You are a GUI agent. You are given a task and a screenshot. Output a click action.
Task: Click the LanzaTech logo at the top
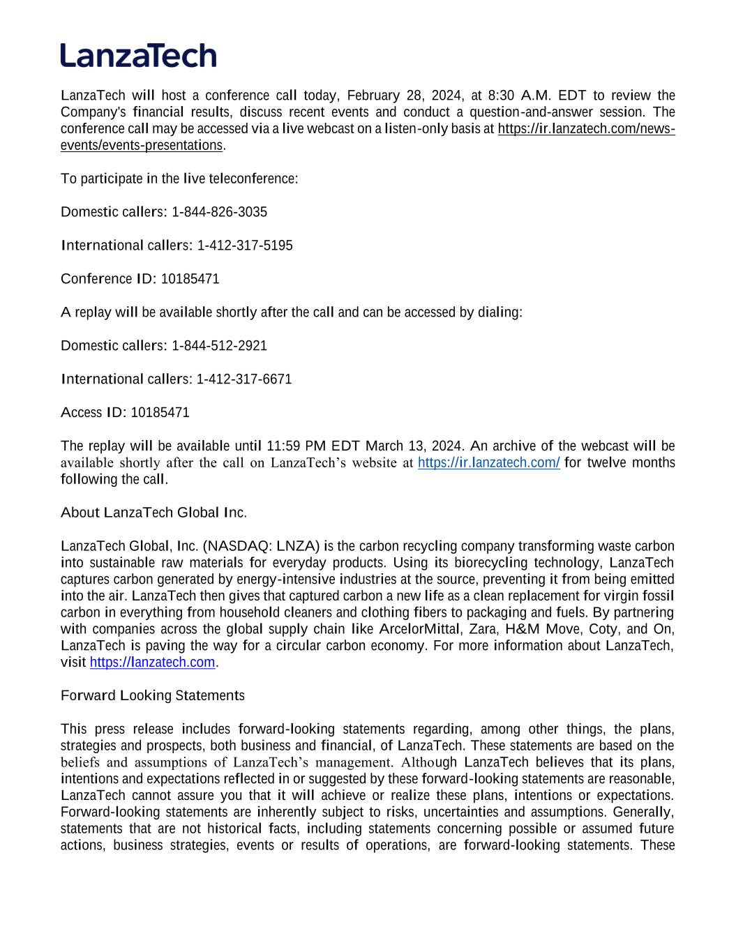pyautogui.click(x=138, y=55)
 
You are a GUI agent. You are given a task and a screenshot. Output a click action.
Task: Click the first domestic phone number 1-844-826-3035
pyautogui.click(x=219, y=212)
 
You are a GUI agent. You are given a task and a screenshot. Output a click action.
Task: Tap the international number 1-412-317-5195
pyautogui.click(x=245, y=245)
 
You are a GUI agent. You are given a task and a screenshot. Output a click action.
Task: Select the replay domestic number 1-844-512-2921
pyautogui.click(x=219, y=346)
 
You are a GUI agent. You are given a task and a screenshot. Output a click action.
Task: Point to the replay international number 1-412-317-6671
pyautogui.click(x=244, y=379)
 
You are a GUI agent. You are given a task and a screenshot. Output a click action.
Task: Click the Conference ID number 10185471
pyautogui.click(x=190, y=279)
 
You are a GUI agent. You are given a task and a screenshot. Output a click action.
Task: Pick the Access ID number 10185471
pyautogui.click(x=160, y=413)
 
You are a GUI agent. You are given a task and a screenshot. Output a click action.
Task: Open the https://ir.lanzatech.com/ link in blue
pyautogui.click(x=488, y=463)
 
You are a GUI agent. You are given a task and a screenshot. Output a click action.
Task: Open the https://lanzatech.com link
pyautogui.click(x=152, y=663)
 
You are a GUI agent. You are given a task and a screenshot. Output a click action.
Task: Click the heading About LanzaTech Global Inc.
pyautogui.click(x=153, y=513)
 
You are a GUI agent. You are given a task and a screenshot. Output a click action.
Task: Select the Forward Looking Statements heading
pyautogui.click(x=152, y=696)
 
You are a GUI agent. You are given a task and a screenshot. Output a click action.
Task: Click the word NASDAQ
pyautogui.click(x=239, y=546)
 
